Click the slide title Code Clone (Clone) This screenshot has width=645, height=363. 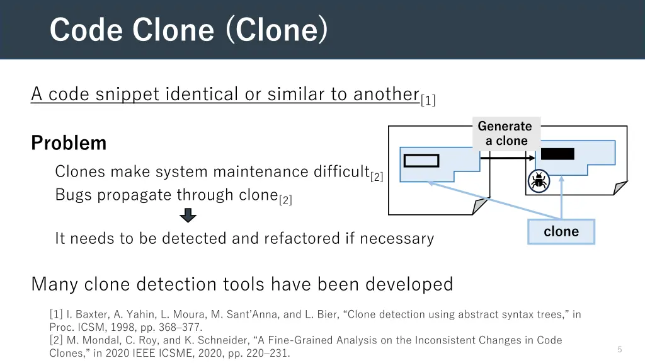click(x=188, y=30)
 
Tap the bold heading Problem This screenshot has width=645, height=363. click(x=69, y=143)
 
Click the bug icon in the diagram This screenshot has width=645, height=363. click(x=539, y=181)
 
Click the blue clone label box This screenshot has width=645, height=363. click(x=561, y=232)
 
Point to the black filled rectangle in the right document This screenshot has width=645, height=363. click(x=557, y=154)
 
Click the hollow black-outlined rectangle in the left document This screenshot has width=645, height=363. click(x=421, y=161)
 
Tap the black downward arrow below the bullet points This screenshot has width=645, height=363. click(x=188, y=216)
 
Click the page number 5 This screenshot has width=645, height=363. click(x=620, y=349)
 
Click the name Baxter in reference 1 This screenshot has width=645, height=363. click(x=94, y=314)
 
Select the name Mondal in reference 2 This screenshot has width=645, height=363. click(x=102, y=340)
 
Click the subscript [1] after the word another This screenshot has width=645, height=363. click(x=428, y=100)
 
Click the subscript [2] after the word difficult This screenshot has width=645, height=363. click(x=377, y=177)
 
